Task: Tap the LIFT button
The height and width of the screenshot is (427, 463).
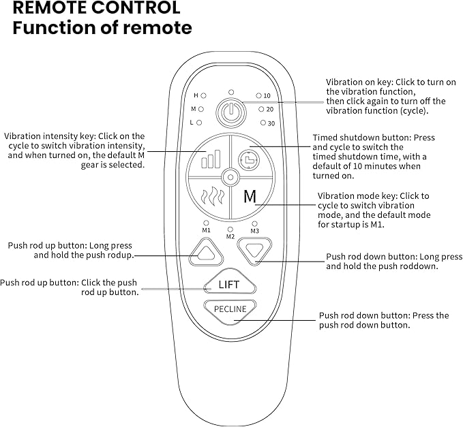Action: click(x=228, y=285)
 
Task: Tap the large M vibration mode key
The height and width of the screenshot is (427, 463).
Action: click(x=250, y=197)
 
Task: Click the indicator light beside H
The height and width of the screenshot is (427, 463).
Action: click(x=204, y=96)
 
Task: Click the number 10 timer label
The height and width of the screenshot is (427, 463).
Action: click(x=267, y=96)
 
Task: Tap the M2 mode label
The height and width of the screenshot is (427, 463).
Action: click(x=230, y=237)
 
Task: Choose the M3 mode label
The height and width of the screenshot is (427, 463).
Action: click(x=254, y=231)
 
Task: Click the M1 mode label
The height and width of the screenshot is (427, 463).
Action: click(x=206, y=231)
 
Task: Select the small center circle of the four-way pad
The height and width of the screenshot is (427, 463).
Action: click(x=230, y=178)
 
